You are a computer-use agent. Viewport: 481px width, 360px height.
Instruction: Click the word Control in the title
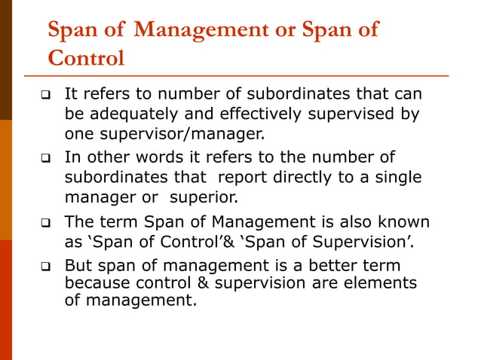86,58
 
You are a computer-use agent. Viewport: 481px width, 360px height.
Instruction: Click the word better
332,266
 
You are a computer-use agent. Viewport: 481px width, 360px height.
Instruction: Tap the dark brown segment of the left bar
6,60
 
